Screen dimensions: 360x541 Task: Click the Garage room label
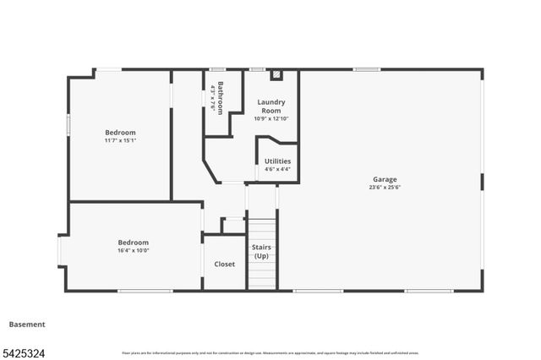[385, 179]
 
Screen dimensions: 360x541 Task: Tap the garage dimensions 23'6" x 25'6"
[385, 188]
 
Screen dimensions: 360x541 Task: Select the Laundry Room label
[270, 106]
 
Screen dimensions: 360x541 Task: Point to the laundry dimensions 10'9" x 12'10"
[270, 118]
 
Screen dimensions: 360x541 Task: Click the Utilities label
[277, 161]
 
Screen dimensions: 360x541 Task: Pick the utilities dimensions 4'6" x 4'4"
[277, 169]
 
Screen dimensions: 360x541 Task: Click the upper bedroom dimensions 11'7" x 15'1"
[120, 141]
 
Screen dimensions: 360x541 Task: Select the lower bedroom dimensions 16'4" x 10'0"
[134, 250]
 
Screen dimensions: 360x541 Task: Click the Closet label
[224, 265]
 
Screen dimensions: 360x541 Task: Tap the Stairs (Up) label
[261, 251]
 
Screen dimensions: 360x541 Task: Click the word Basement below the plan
[27, 325]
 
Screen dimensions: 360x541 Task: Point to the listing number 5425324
[23, 350]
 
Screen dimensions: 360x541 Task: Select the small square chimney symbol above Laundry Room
[276, 75]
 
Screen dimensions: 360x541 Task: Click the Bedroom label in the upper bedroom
[120, 133]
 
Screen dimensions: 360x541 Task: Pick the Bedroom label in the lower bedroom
[134, 242]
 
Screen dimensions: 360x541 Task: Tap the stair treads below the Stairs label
[261, 275]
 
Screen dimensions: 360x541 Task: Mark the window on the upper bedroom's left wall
[68, 124]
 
